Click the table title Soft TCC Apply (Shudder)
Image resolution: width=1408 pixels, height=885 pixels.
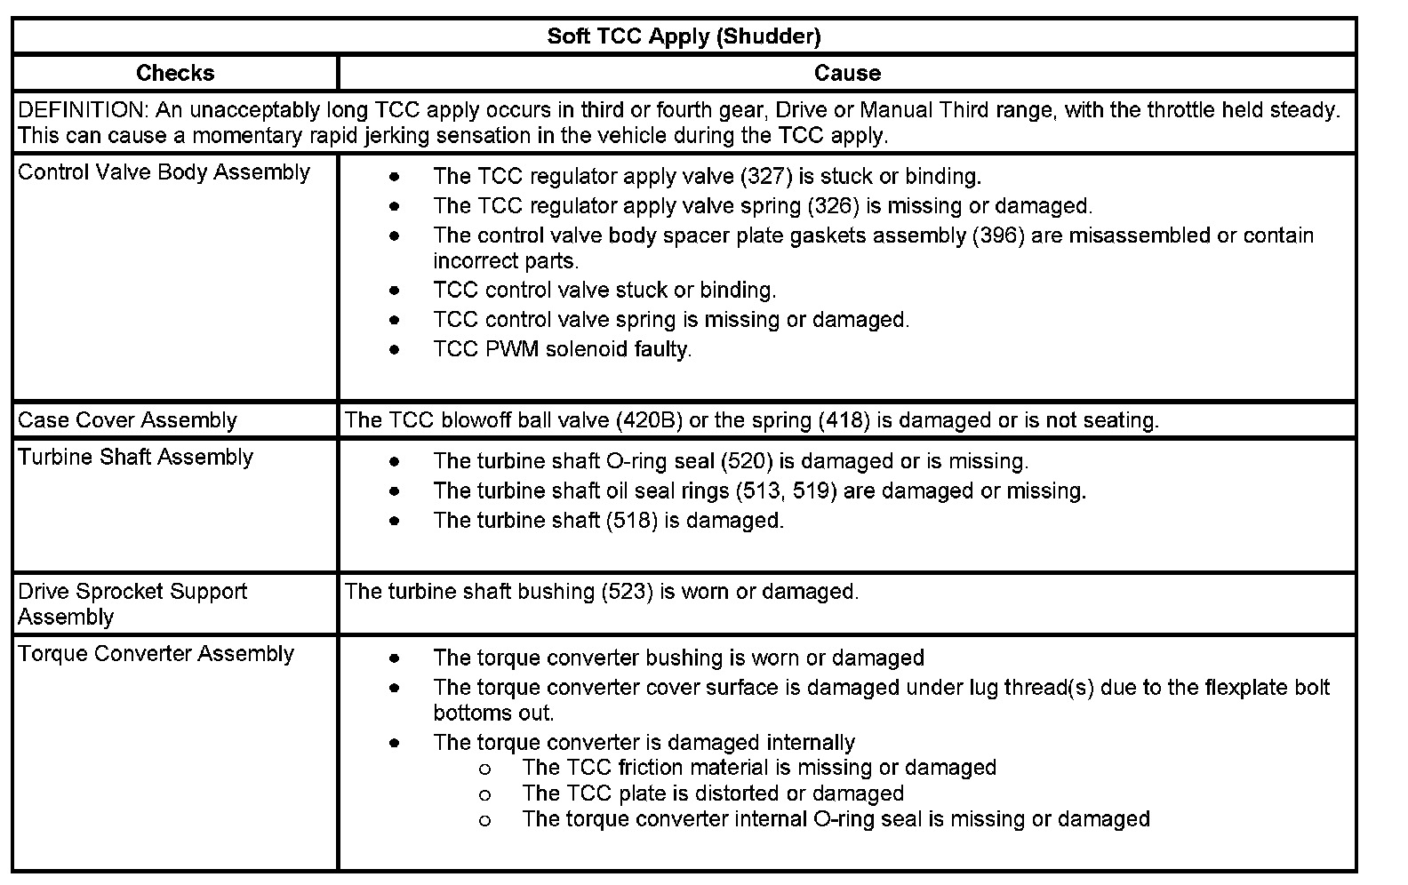pyautogui.click(x=684, y=36)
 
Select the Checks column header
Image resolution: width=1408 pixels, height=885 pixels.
pyautogui.click(x=175, y=73)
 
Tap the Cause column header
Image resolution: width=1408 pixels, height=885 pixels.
pyautogui.click(x=847, y=73)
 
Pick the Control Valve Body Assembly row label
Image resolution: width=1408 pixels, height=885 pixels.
pyautogui.click(x=164, y=172)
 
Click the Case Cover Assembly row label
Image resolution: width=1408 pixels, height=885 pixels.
pyautogui.click(x=127, y=420)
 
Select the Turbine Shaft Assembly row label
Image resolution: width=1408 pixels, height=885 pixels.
pyautogui.click(x=135, y=458)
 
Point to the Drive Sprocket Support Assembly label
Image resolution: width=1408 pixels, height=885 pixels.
pyautogui.click(x=132, y=604)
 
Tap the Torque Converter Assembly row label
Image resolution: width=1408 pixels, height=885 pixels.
pyautogui.click(x=156, y=654)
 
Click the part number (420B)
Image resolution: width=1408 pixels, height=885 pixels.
pyautogui.click(x=649, y=420)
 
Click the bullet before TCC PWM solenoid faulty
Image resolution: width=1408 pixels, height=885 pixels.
pyautogui.click(x=395, y=349)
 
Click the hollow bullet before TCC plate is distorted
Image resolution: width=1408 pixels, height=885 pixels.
pyautogui.click(x=484, y=794)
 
